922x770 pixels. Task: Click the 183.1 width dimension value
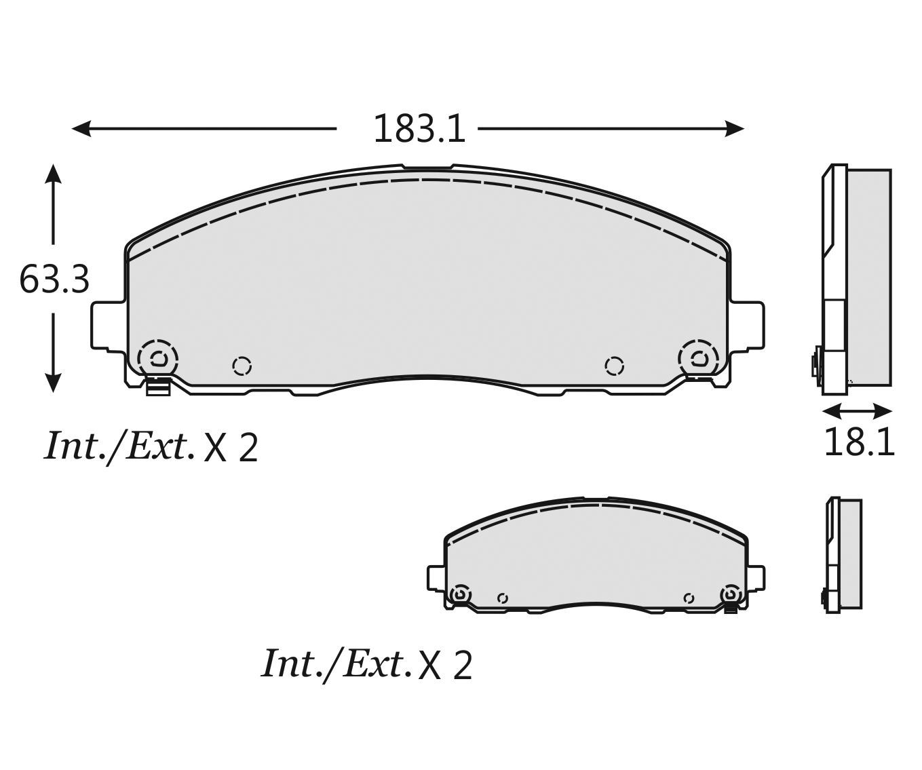coord(419,129)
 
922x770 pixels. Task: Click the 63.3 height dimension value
coord(54,279)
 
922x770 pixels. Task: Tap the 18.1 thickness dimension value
coord(859,443)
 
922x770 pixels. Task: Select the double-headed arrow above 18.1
coord(857,411)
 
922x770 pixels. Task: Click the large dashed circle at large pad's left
coord(157,358)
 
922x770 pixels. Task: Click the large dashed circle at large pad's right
coord(699,358)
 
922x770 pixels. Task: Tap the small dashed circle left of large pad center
coord(242,366)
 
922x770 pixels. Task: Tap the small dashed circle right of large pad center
coord(614,366)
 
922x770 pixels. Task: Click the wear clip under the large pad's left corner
coord(158,388)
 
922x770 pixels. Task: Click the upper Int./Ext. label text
coord(119,446)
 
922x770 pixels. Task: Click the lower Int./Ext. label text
coord(337,663)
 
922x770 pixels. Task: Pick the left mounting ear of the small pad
coord(436,578)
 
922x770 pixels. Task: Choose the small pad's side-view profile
coord(843,556)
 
